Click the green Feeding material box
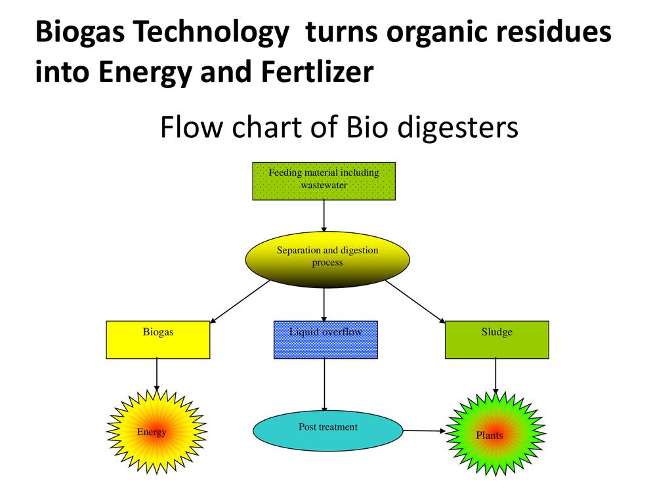[x=324, y=181]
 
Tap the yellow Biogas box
[x=158, y=340]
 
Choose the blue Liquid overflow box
[x=325, y=340]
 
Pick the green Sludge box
[x=497, y=340]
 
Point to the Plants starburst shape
[x=495, y=432]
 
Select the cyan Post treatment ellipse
[x=327, y=430]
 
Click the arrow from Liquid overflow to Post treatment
[x=324, y=384]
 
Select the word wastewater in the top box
[x=324, y=185]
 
